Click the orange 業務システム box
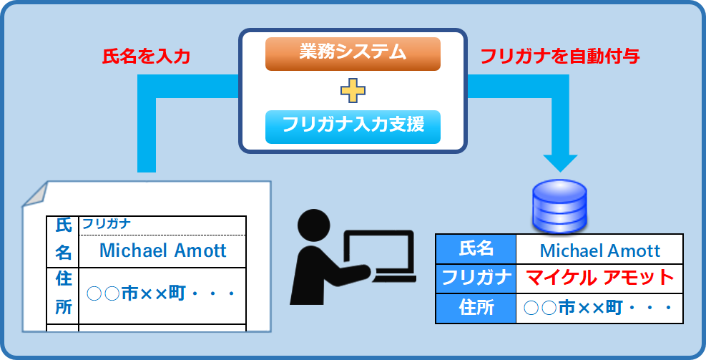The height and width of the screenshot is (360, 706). tap(353, 54)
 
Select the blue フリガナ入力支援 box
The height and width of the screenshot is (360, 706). tap(353, 127)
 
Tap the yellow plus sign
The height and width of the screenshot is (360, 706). tap(353, 91)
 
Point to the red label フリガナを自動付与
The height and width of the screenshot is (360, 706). tap(560, 57)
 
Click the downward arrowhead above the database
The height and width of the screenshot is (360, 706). tap(560, 163)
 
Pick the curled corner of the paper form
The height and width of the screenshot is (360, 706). tap(34, 195)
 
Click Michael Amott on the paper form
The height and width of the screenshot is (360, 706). tap(162, 250)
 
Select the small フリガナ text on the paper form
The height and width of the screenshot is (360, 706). tap(107, 223)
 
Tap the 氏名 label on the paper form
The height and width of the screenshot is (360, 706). tap(63, 240)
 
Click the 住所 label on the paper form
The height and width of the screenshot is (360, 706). tap(64, 293)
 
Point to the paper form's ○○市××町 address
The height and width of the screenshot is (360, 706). tap(161, 294)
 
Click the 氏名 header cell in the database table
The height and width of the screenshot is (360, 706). tap(476, 249)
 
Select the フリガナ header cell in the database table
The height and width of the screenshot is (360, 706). tap(476, 278)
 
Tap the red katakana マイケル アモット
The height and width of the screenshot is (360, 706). tap(600, 278)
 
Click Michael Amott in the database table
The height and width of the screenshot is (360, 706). tap(600, 250)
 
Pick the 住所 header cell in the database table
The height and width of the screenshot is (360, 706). tap(476, 308)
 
